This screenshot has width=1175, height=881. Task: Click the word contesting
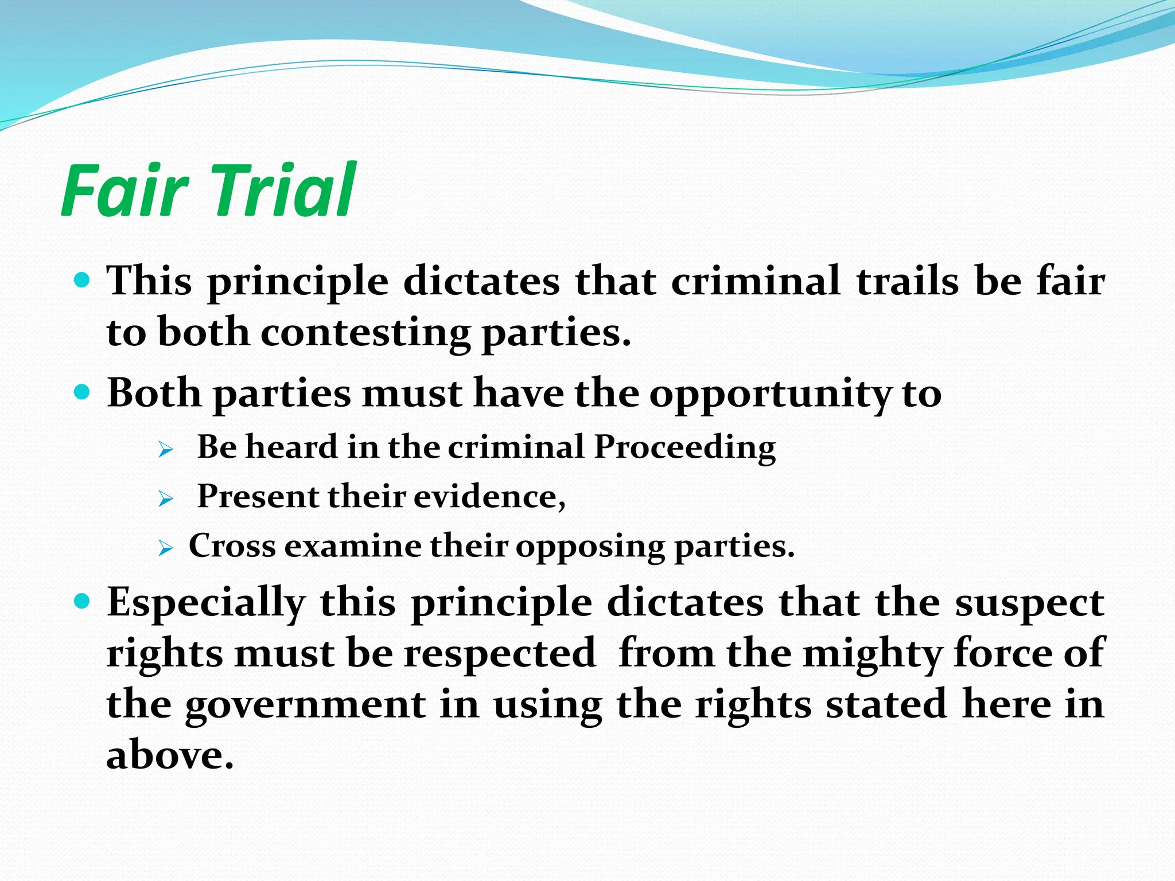pyautogui.click(x=365, y=333)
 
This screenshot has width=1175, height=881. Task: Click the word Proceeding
pyautogui.click(x=684, y=447)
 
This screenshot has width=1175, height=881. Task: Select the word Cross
pyautogui.click(x=232, y=546)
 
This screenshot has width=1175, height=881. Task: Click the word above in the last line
pyautogui.click(x=169, y=755)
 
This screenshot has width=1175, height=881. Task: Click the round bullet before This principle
pyautogui.click(x=83, y=281)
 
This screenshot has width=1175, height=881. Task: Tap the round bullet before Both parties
pyautogui.click(x=83, y=393)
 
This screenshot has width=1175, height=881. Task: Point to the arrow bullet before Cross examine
pyautogui.click(x=165, y=549)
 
